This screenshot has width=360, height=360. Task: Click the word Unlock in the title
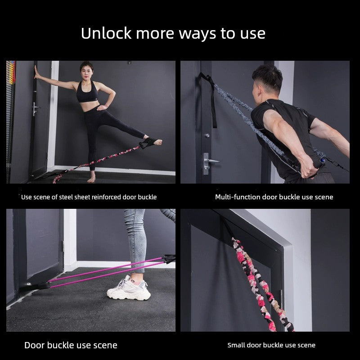pyautogui.click(x=106, y=33)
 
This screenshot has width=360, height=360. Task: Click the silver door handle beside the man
pyautogui.click(x=208, y=163)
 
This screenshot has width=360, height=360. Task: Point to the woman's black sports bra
pyautogui.click(x=87, y=93)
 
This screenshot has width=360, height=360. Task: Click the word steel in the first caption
pyautogui.click(x=66, y=197)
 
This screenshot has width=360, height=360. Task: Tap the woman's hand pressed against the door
pyautogui.click(x=36, y=72)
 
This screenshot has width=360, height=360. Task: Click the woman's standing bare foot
pyautogui.click(x=91, y=177)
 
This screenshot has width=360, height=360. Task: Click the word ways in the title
pyautogui.click(x=198, y=34)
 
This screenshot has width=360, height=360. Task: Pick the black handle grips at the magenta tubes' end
pyautogui.click(x=170, y=259)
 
